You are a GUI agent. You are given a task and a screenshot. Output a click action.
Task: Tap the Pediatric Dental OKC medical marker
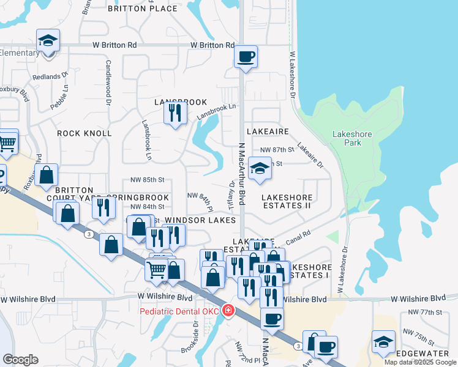(x=228, y=311)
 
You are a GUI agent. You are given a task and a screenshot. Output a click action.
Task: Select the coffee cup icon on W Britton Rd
(x=246, y=57)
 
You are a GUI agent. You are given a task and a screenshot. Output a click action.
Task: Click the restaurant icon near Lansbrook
(x=176, y=113)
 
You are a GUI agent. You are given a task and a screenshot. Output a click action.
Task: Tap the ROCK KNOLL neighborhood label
(x=84, y=133)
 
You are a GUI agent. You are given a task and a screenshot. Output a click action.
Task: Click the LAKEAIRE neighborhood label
(x=268, y=132)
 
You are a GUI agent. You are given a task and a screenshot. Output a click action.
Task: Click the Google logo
(x=21, y=359)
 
